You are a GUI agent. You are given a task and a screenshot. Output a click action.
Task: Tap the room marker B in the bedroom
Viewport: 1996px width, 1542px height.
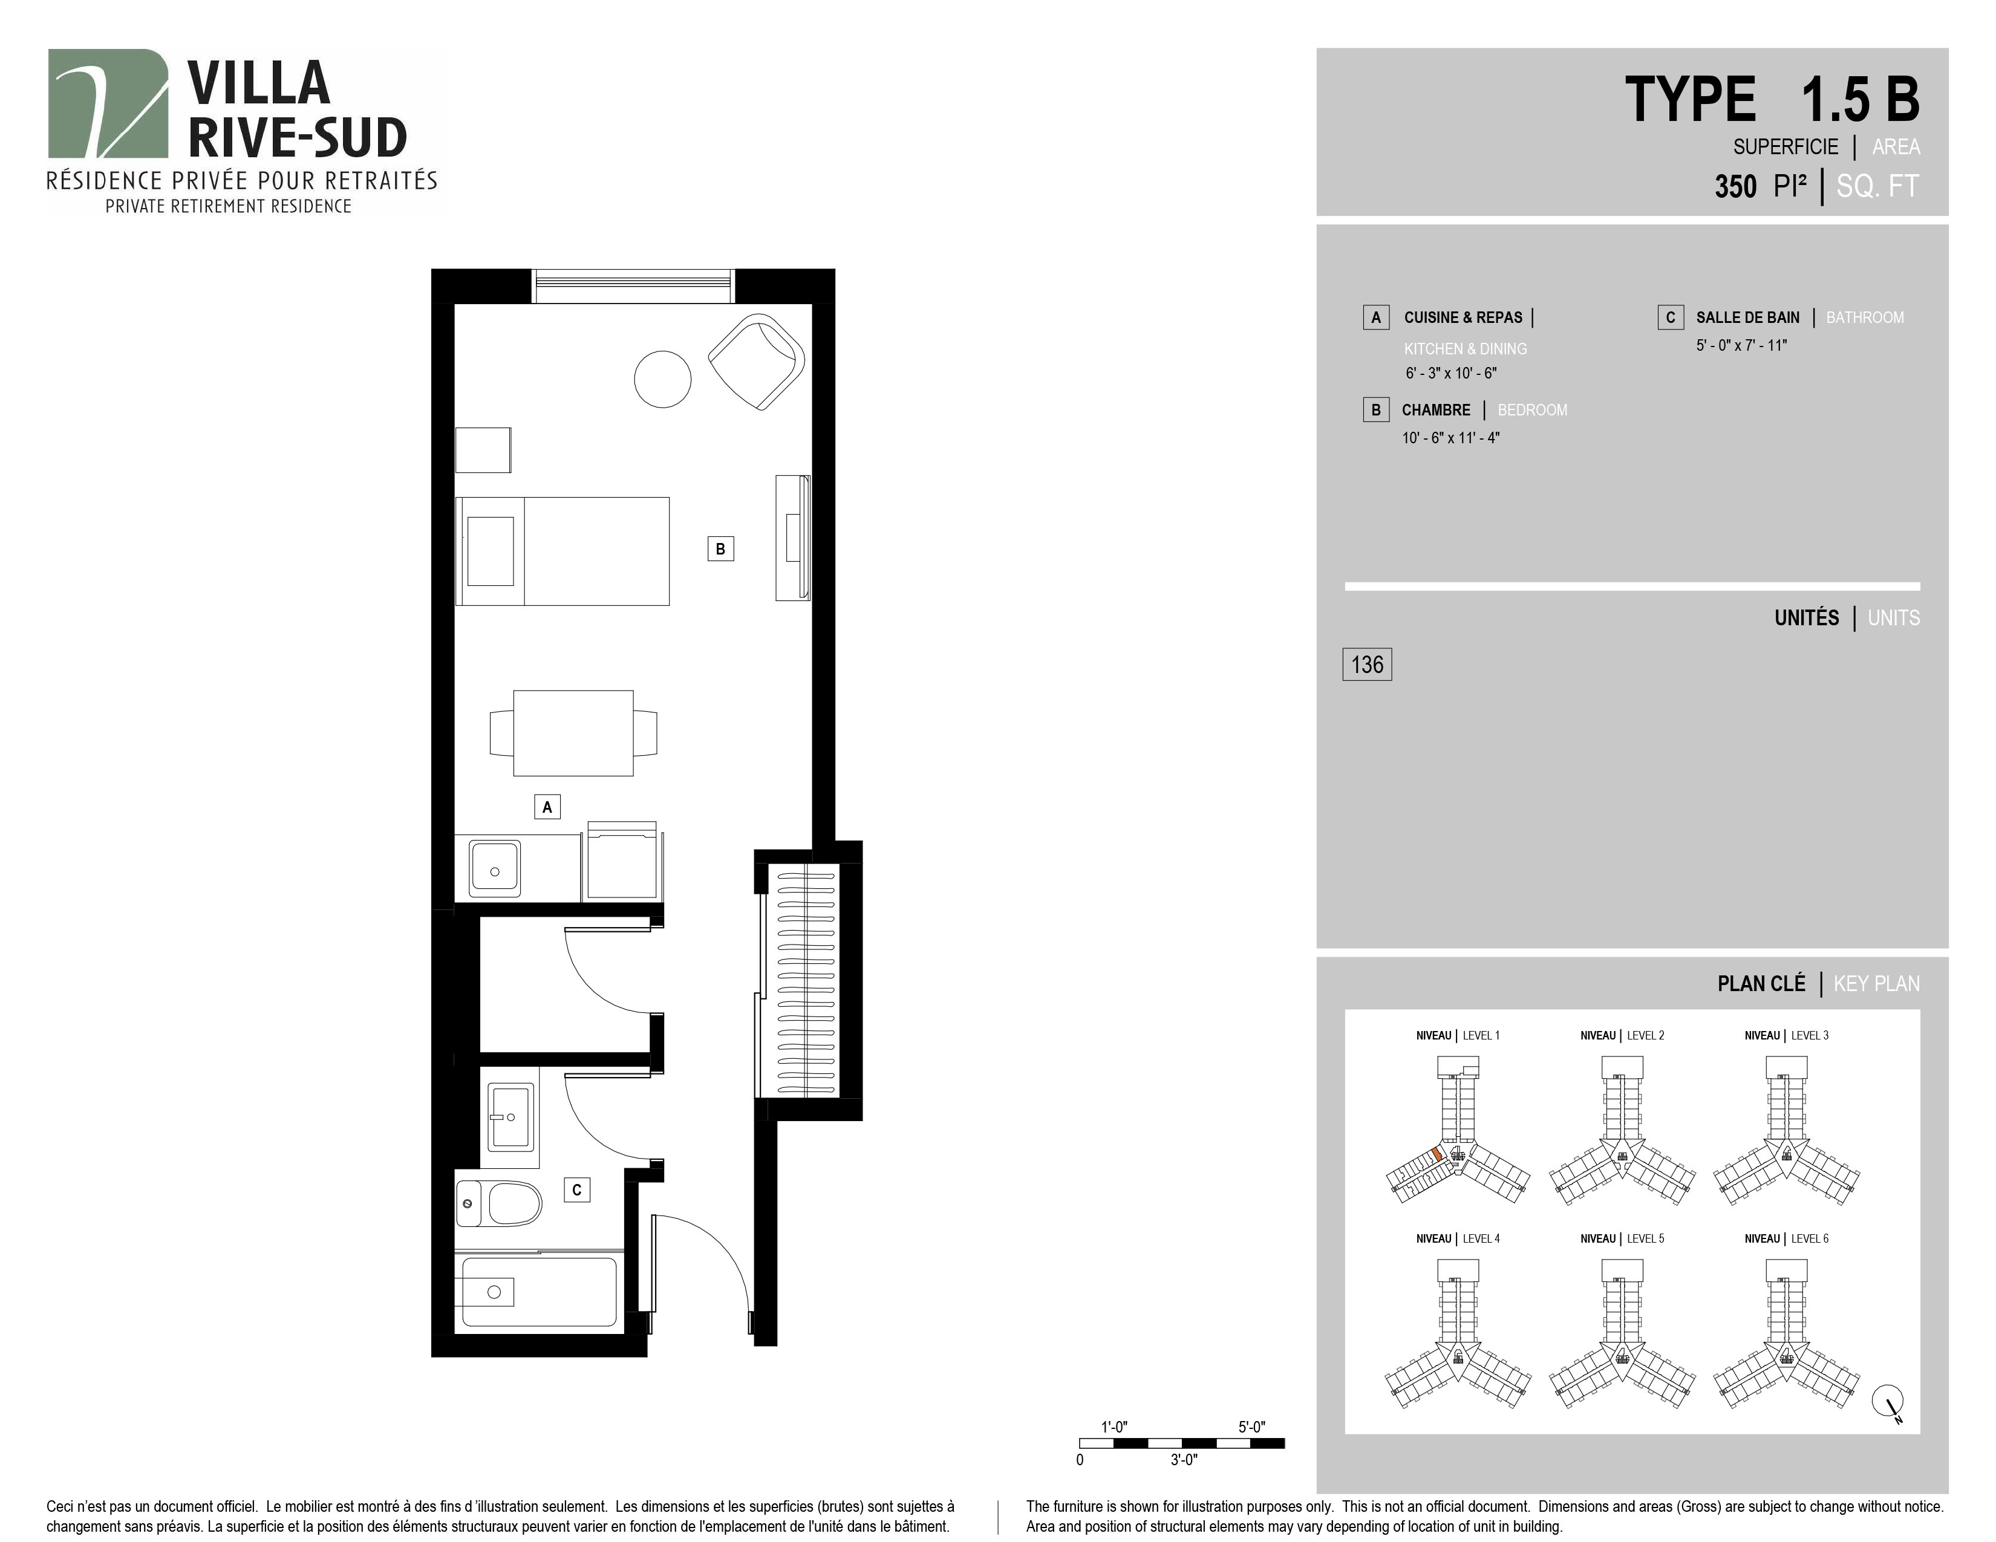pos(720,549)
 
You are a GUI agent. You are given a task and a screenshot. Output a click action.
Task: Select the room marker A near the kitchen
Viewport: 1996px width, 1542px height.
pos(547,807)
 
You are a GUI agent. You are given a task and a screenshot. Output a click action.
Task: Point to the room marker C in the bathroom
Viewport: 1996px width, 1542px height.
pos(576,1189)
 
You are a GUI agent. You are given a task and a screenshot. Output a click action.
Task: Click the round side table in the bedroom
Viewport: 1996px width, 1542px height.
pos(662,379)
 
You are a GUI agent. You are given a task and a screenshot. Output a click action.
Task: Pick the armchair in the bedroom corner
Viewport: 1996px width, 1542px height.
pos(757,362)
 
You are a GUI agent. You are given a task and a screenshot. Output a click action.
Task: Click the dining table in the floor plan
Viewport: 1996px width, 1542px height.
pos(573,733)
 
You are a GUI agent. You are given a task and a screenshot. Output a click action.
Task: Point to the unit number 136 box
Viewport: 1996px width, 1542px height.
pos(1367,664)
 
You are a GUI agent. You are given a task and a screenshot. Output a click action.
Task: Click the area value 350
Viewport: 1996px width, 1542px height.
pos(1735,186)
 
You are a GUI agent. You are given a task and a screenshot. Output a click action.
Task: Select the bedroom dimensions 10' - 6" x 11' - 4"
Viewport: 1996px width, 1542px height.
pos(1451,438)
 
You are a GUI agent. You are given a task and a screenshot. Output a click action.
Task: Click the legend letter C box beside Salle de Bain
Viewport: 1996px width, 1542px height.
pos(1671,317)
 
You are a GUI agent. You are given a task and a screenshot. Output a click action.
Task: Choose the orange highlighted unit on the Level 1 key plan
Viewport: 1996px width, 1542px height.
pos(1438,1154)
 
